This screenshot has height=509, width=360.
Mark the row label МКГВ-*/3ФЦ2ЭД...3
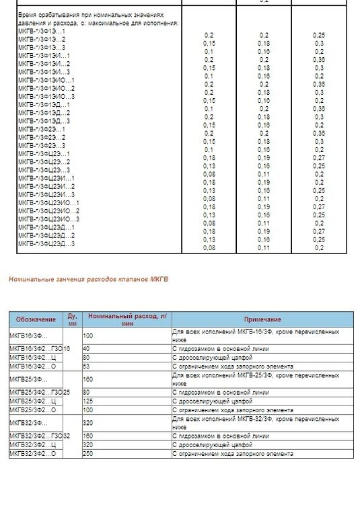click(x=46, y=243)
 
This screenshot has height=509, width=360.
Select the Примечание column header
click(x=262, y=319)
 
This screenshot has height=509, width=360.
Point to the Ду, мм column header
click(x=72, y=319)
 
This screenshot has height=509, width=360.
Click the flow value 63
click(x=86, y=366)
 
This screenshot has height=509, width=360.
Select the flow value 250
click(x=88, y=453)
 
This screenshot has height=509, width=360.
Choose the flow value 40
click(x=86, y=349)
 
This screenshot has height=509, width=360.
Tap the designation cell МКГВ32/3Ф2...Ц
click(x=32, y=444)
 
